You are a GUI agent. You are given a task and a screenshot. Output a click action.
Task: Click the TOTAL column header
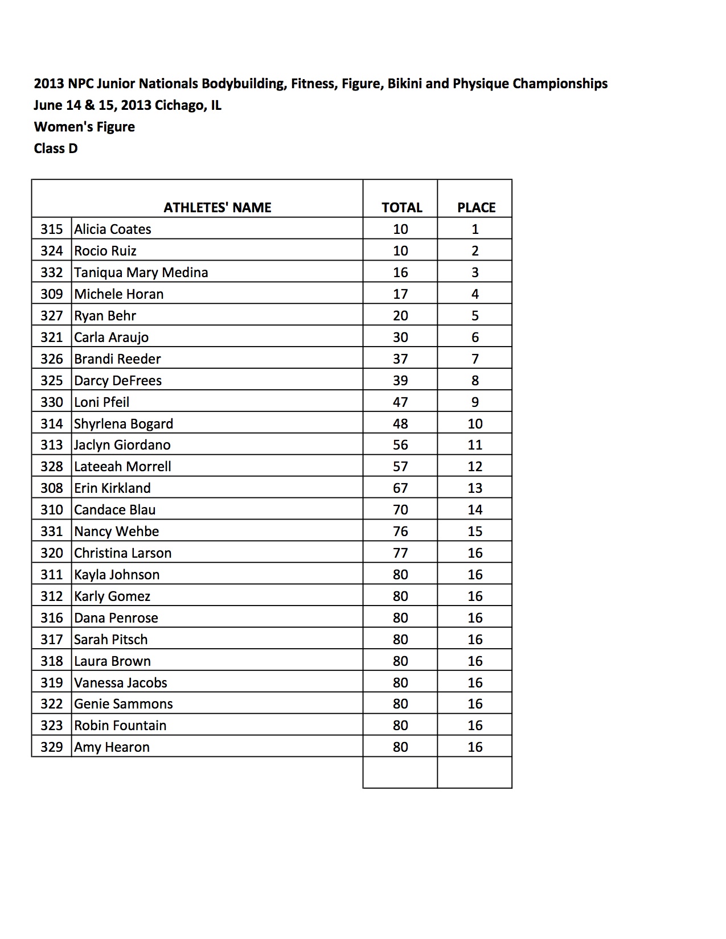[401, 208]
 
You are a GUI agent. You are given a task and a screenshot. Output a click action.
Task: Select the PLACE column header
[476, 208]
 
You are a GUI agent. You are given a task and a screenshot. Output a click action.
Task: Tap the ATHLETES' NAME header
[217, 208]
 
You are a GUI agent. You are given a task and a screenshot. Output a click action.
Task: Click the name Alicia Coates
[113, 229]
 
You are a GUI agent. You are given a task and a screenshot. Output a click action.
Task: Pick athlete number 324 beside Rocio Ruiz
[51, 251]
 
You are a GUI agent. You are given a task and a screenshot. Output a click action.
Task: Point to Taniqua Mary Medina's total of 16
[400, 273]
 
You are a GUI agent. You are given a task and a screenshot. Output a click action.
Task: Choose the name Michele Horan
[118, 294]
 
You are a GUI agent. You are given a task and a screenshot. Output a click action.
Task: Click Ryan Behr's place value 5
[475, 316]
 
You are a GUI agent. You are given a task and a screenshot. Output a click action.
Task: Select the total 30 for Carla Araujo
[400, 337]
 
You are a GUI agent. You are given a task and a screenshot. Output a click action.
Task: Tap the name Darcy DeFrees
[118, 381]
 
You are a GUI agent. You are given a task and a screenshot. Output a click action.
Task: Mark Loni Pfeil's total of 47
[400, 402]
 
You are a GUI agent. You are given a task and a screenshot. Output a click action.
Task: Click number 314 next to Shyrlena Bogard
[51, 424]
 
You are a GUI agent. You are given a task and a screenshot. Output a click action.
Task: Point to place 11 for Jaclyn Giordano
[475, 445]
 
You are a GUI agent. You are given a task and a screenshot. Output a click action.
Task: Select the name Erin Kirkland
[112, 488]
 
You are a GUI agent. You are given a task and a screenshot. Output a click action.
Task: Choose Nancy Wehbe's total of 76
[400, 532]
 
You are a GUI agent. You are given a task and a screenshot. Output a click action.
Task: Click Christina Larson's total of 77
[400, 553]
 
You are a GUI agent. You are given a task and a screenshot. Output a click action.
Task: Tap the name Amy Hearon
[112, 747]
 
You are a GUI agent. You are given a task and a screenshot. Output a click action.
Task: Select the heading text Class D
[56, 149]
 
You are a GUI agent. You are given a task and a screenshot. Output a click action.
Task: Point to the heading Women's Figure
[84, 127]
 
